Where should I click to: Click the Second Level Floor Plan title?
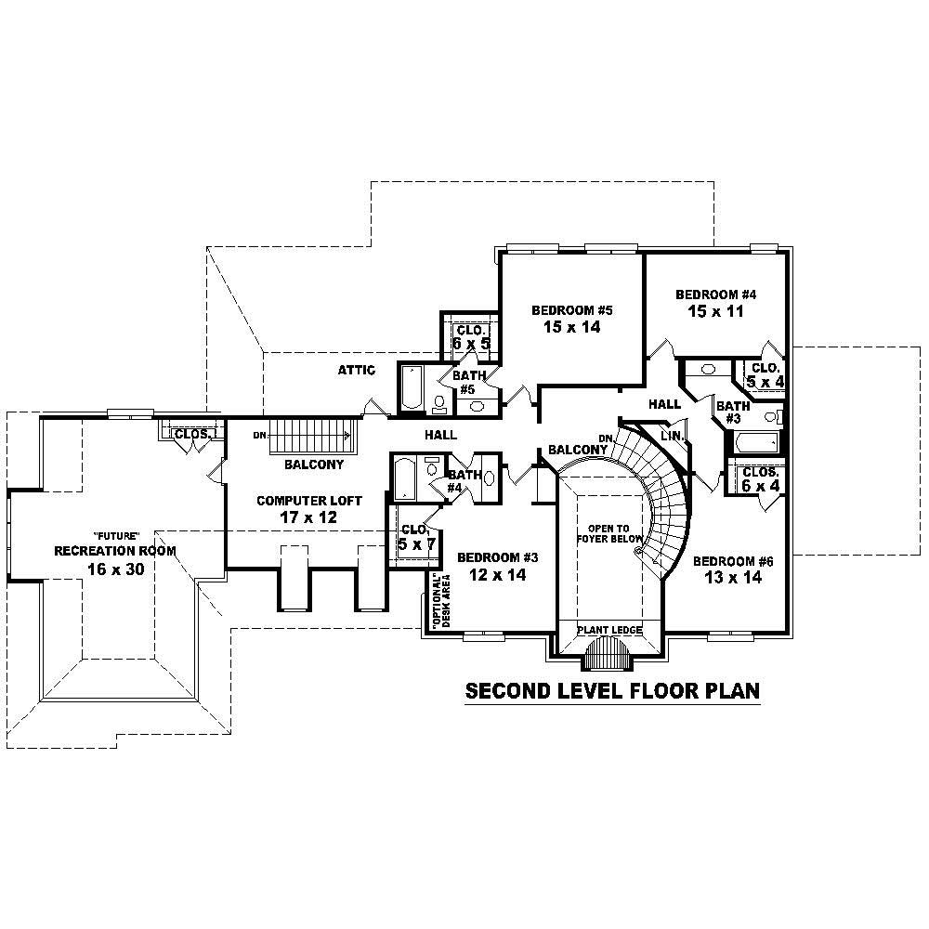coord(612,691)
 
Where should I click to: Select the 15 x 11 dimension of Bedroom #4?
coord(716,311)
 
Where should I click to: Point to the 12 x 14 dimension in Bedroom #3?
coord(498,575)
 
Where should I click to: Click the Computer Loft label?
coord(296,501)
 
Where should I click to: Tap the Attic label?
coord(356,371)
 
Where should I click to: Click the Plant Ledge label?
coord(609,630)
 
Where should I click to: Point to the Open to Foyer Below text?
coord(608,533)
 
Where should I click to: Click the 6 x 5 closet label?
coord(471,337)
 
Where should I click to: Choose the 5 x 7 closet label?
coord(416,537)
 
